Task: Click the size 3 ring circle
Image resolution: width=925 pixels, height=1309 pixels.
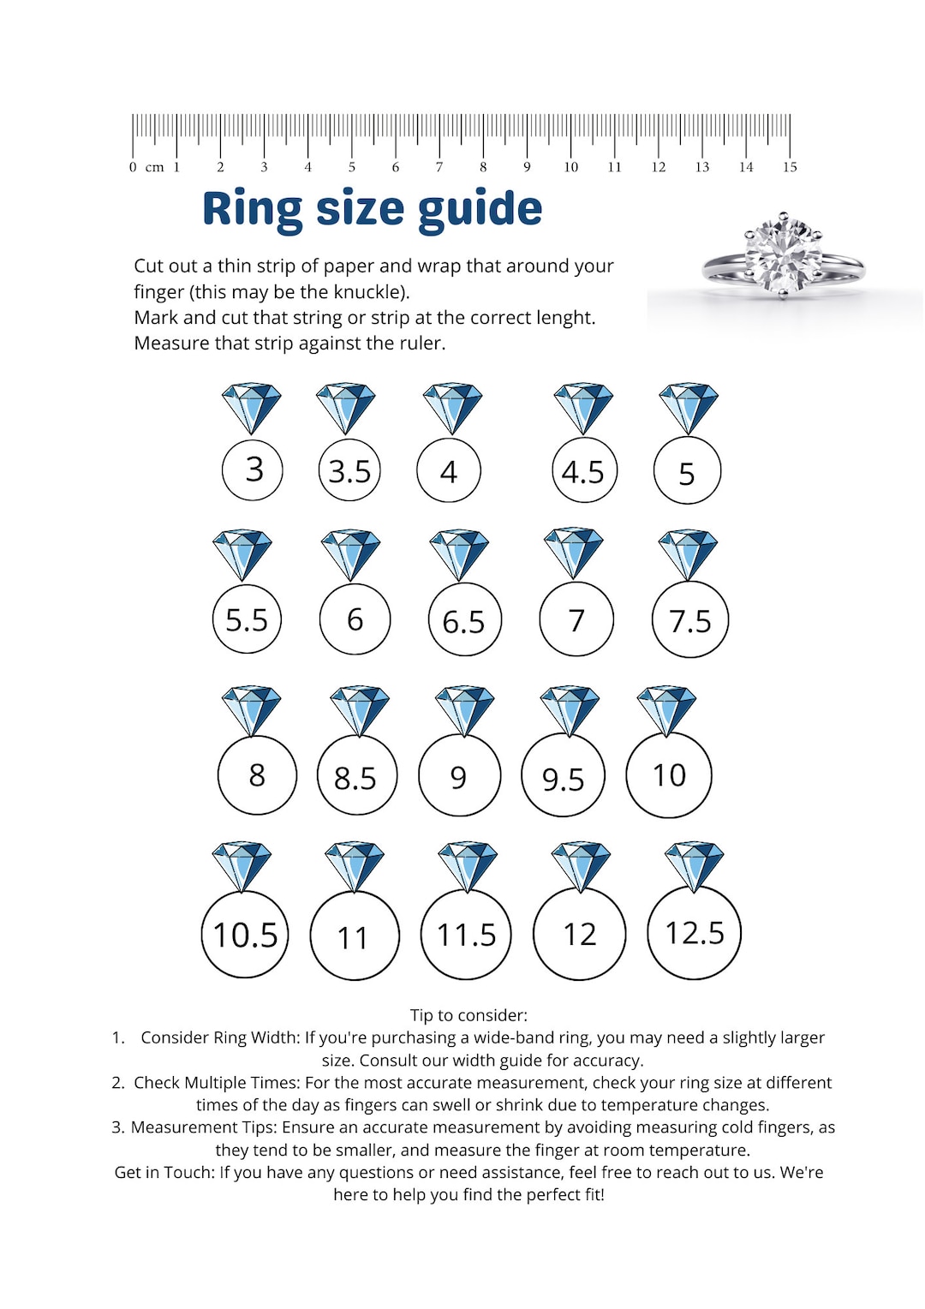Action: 253,469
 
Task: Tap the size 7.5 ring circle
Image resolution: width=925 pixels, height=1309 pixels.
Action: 689,620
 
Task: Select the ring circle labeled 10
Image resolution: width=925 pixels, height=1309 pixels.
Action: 669,775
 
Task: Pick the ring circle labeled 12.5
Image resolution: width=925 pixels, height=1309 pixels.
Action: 695,933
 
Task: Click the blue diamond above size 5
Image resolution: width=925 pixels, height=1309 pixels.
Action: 688,408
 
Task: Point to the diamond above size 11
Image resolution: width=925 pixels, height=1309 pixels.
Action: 355,866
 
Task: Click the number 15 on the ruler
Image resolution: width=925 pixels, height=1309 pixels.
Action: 790,167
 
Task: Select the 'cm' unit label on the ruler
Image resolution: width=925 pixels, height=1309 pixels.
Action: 154,167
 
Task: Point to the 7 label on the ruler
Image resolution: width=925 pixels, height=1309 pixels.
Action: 439,167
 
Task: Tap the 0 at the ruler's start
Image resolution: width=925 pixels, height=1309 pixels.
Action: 133,167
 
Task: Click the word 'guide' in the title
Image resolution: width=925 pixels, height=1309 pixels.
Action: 480,209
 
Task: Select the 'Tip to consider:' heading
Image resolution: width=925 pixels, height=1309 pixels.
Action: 468,1015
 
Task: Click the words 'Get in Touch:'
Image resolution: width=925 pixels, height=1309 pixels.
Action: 164,1172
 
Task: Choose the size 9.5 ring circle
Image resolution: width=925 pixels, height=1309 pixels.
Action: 563,777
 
